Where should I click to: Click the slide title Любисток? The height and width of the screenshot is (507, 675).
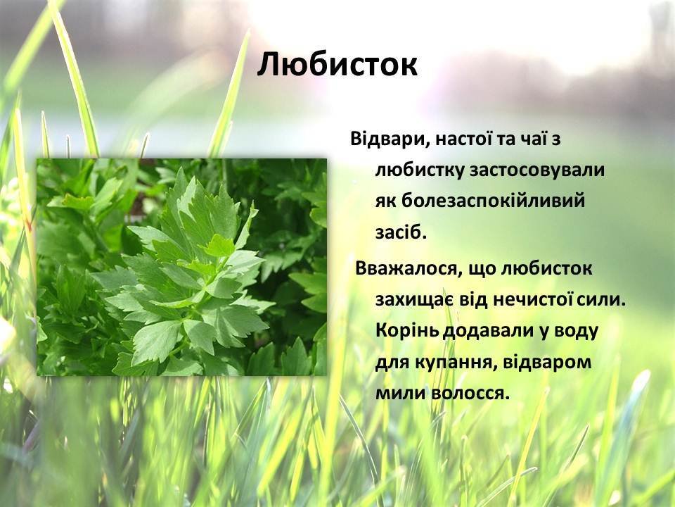click(x=337, y=65)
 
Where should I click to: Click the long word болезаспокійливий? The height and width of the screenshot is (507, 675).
click(x=480, y=201)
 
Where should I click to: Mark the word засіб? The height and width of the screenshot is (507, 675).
click(x=401, y=232)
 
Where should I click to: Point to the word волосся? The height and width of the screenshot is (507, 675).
click(x=470, y=394)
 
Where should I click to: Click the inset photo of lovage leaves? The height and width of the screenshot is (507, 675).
click(x=181, y=267)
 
